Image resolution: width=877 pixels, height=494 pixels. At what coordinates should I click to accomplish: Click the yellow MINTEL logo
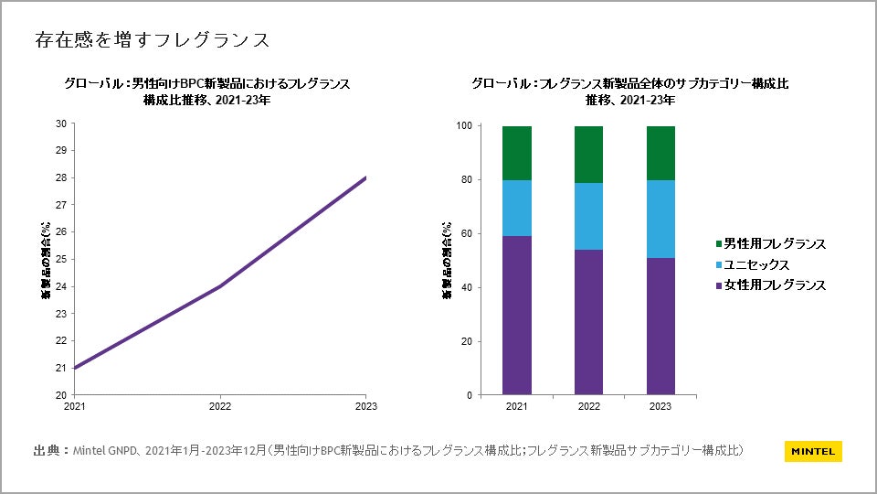(812, 451)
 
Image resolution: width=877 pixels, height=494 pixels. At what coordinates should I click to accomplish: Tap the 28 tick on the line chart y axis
(60, 177)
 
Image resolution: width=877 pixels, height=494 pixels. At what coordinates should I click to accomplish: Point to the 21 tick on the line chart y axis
(60, 368)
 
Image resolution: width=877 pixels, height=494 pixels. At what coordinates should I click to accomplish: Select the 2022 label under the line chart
(220, 406)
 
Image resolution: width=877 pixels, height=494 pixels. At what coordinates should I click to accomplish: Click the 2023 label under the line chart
(366, 406)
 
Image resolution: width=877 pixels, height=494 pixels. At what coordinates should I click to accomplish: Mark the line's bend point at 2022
(220, 286)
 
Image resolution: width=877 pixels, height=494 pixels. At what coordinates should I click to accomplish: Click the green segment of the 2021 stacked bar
(517, 153)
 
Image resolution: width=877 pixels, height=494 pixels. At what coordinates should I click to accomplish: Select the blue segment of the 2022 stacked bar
(589, 216)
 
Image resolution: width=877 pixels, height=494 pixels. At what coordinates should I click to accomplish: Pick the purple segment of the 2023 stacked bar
(660, 326)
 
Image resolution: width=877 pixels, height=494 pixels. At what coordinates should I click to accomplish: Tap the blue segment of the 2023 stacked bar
(660, 219)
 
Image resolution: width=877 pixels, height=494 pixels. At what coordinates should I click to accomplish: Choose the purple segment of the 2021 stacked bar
(517, 316)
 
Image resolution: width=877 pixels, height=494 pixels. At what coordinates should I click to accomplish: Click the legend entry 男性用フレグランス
(775, 244)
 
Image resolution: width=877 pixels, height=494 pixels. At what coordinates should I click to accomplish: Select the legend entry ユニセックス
(756, 264)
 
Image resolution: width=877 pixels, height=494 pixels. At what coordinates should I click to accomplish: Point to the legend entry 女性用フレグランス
(775, 285)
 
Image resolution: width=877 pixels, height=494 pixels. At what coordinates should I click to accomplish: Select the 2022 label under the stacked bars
(589, 406)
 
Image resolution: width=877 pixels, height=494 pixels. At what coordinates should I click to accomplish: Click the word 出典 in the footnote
(47, 450)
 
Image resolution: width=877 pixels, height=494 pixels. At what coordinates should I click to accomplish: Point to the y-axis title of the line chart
(45, 260)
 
